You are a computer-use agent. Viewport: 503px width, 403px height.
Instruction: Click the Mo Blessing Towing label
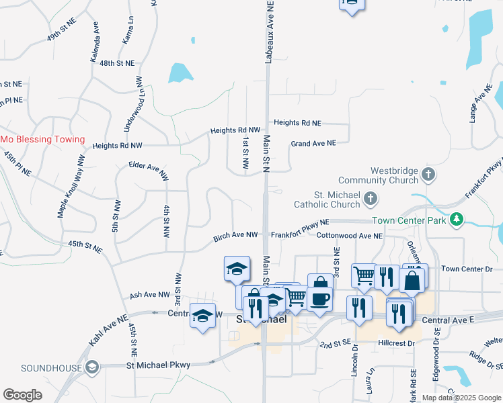[42, 140]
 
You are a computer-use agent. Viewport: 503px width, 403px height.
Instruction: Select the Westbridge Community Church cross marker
[428, 175]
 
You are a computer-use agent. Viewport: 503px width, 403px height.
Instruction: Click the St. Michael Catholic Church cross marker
[370, 198]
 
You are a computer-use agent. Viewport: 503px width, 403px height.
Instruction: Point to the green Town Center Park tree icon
[457, 220]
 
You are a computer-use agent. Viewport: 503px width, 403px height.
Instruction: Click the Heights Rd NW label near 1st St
[235, 130]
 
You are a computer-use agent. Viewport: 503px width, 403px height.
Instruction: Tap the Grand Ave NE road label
[313, 143]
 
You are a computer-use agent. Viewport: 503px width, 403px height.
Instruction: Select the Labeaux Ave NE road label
[269, 32]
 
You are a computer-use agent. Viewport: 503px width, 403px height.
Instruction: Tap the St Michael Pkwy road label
[159, 365]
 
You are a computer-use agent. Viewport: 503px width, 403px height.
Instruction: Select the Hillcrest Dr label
[397, 343]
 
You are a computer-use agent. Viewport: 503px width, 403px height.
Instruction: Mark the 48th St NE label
[117, 62]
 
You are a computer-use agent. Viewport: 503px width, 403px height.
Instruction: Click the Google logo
[23, 395]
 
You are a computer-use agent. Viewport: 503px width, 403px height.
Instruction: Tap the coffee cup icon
[320, 298]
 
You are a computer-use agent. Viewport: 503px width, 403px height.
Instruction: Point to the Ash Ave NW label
[150, 294]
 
